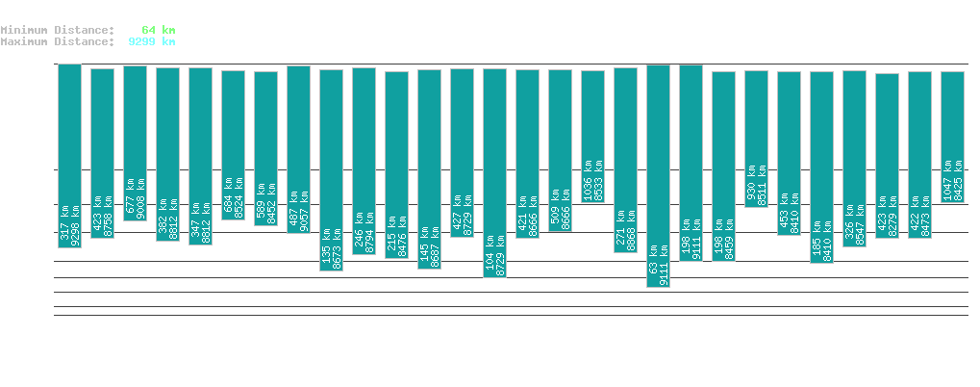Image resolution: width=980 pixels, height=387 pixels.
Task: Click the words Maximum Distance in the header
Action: click(58, 41)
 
